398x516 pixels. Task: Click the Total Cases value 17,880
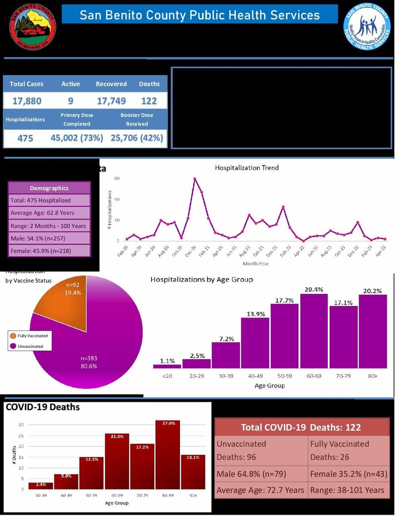27,101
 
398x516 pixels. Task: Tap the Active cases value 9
70,101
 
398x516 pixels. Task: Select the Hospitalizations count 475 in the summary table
25,138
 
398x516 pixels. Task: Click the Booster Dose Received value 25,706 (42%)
137,138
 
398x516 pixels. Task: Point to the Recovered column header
111,84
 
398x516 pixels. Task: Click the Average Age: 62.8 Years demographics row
49,213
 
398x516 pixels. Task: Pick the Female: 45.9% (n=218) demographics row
49,251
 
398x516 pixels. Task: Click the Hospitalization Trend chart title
247,167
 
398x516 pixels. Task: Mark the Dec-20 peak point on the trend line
195,179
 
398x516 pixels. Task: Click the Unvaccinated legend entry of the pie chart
30,346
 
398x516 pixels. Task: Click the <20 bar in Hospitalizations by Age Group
167,366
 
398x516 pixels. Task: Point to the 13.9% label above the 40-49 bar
255,314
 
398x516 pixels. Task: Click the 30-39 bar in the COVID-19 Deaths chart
40,486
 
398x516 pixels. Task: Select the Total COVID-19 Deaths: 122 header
301,427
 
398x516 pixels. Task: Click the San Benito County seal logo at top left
33,27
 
